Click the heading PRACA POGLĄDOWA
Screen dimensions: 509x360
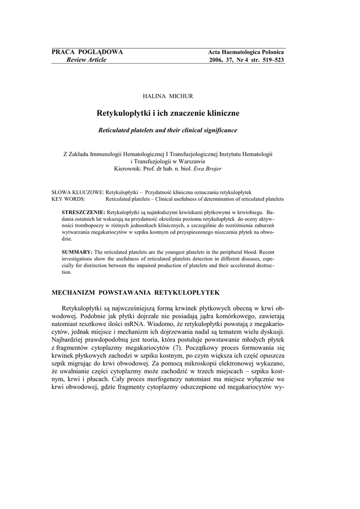click(87, 52)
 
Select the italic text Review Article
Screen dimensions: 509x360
click(83, 60)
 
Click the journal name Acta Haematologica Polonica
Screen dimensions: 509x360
click(246, 53)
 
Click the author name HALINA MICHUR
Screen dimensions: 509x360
click(168, 95)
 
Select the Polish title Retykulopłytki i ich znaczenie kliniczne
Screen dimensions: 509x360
click(168, 113)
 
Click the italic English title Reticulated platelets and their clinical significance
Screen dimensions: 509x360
click(168, 130)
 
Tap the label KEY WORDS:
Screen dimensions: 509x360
click(68, 199)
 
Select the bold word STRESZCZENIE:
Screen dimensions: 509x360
click(83, 212)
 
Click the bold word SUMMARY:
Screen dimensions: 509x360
click(77, 252)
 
